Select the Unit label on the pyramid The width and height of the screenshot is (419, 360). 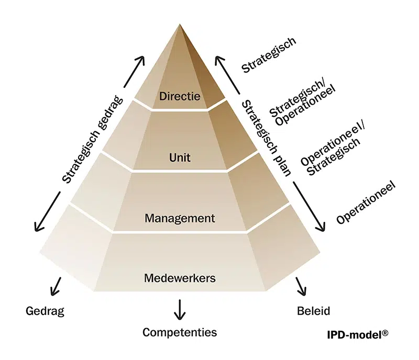point(180,157)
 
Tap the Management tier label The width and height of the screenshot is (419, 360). point(180,217)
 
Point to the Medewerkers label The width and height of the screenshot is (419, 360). point(180,278)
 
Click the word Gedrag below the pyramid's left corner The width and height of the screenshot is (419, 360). point(45,311)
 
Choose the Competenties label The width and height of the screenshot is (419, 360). point(180,332)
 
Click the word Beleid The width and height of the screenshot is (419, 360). point(313,311)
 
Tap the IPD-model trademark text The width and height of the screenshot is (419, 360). point(358,333)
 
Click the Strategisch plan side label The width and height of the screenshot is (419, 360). point(266,139)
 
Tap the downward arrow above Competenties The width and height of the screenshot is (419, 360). point(180,309)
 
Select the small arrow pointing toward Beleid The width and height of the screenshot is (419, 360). point(301,286)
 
